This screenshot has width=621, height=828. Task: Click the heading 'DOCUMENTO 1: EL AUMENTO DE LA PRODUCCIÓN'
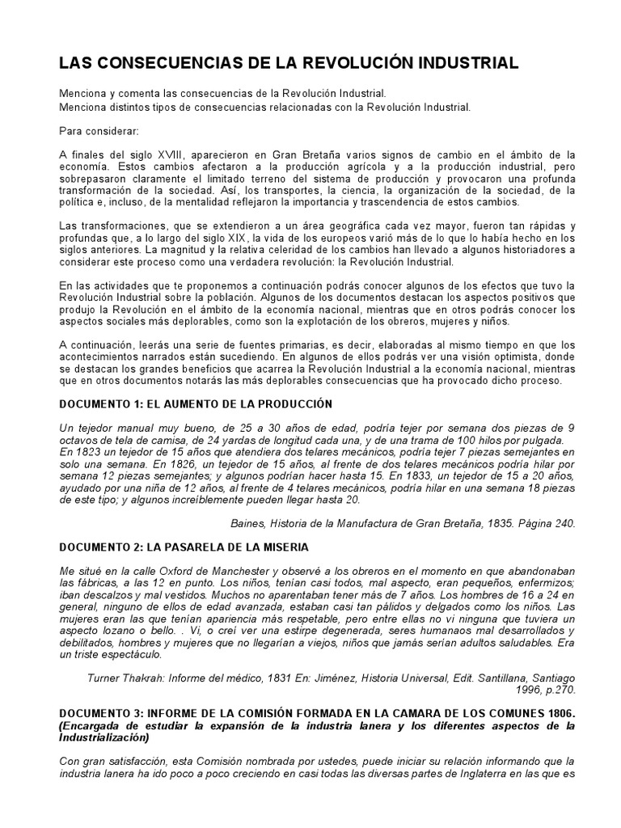[x=196, y=403]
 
